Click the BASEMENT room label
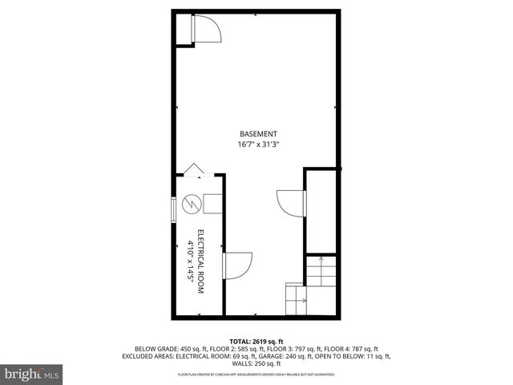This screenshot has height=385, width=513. pos(258,133)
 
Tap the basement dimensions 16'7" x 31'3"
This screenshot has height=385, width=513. pos(258,144)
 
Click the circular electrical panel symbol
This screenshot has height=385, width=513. pos(191,205)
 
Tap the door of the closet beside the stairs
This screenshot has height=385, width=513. pos(290,201)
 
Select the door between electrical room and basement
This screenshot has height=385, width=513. pos(237,264)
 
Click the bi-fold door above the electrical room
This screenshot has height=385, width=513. pos(193,169)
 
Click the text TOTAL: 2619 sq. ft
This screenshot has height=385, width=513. pos(256,341)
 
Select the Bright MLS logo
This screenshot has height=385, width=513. pos(30,375)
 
